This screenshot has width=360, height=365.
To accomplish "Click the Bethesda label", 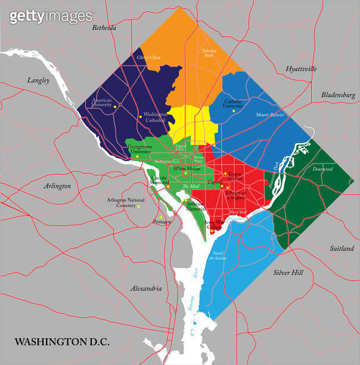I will (x=104, y=28).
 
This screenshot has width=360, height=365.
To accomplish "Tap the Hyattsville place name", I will (x=301, y=69).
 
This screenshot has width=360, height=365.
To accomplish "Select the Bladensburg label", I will (x=338, y=95).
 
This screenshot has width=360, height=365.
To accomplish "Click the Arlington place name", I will (x=57, y=186).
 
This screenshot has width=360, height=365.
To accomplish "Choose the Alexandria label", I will (x=146, y=289).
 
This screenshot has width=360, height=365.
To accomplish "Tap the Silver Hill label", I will (x=288, y=273).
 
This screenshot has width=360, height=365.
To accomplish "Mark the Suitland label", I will (x=343, y=248).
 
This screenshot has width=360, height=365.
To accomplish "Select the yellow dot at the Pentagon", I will (x=160, y=217).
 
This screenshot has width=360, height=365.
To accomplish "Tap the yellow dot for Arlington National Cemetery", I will (x=139, y=206).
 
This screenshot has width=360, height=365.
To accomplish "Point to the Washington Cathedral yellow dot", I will (x=140, y=116).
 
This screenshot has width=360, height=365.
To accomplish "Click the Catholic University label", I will (x=233, y=104).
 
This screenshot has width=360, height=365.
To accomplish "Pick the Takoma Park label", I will (x=209, y=52).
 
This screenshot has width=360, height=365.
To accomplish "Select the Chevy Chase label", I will (x=148, y=57).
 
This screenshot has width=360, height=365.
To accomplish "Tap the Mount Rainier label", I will (x=270, y=115).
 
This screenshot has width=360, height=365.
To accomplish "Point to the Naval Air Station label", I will (x=219, y=256).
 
